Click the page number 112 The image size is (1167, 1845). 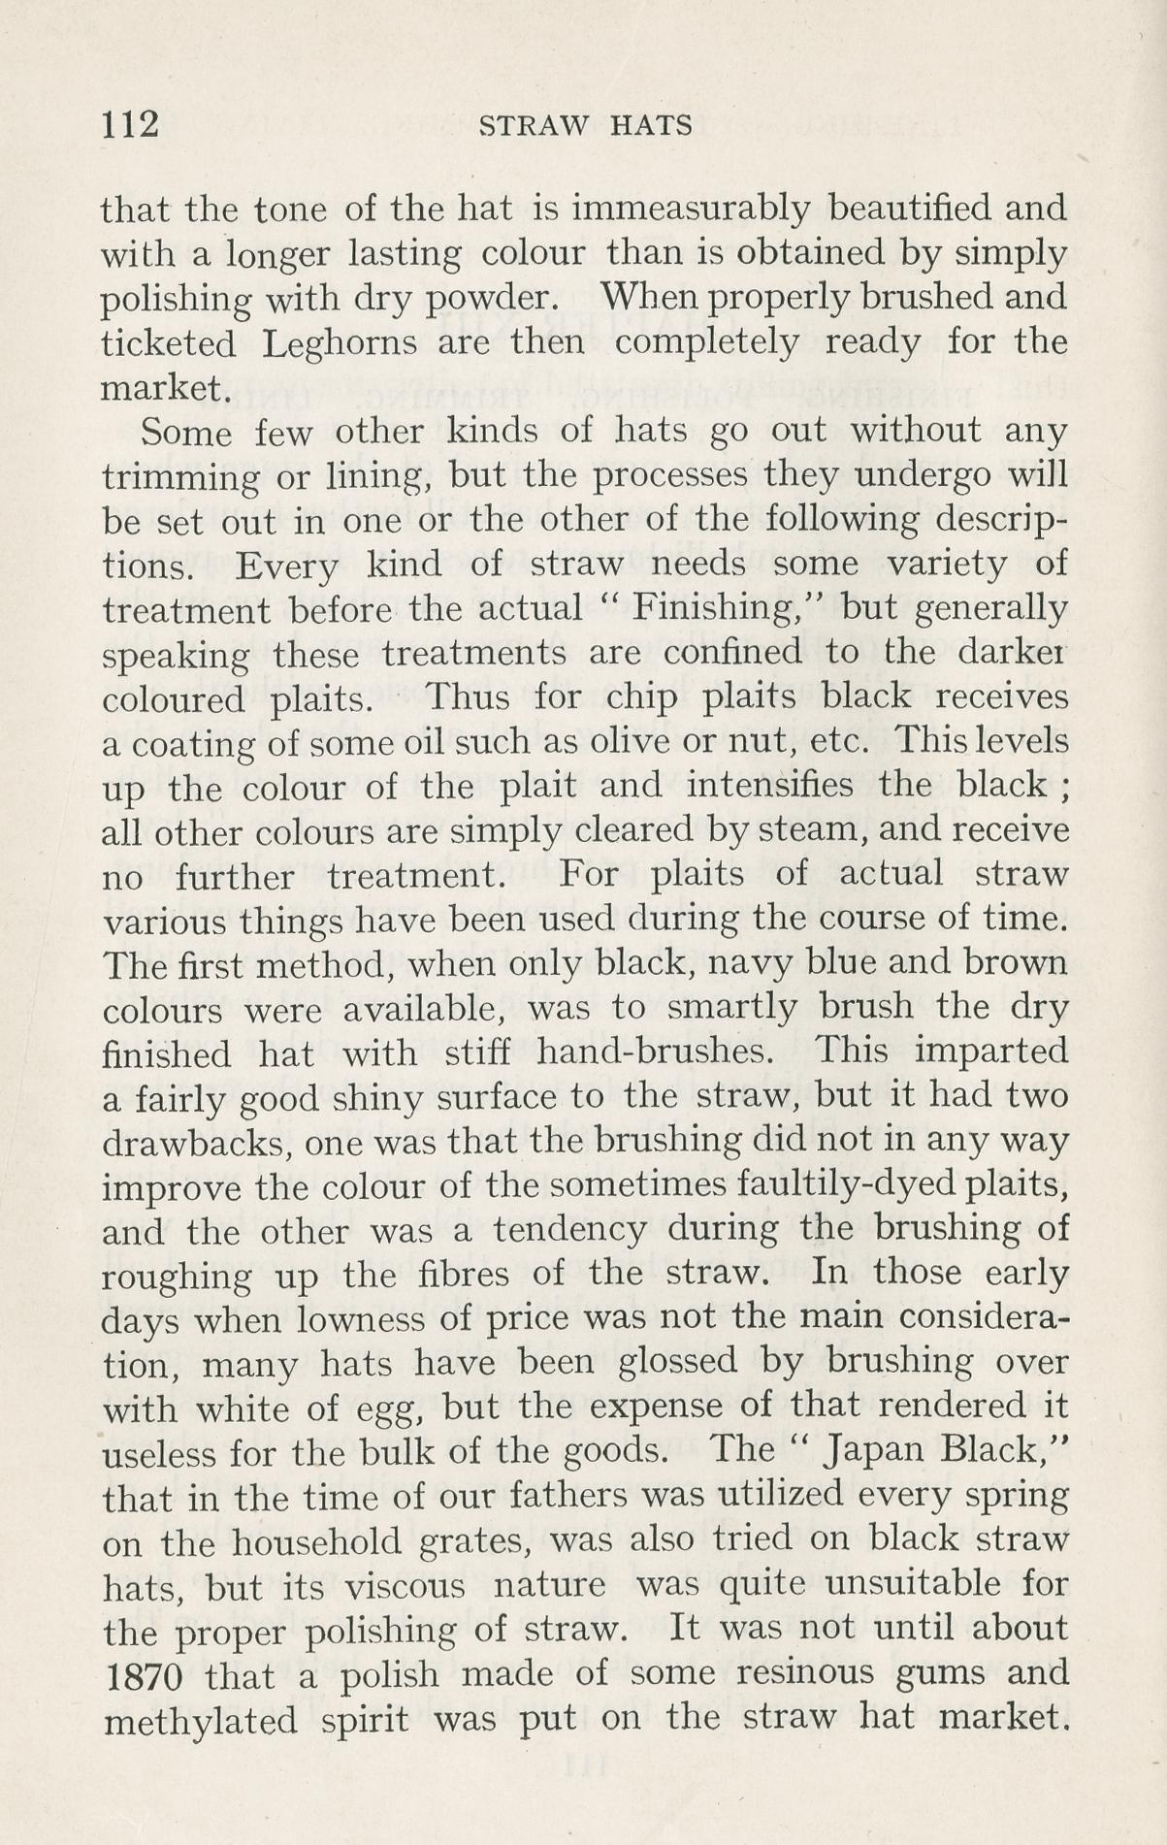tap(129, 125)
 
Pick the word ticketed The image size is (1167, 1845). tap(169, 344)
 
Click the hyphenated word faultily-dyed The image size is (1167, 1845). tap(830, 1186)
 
